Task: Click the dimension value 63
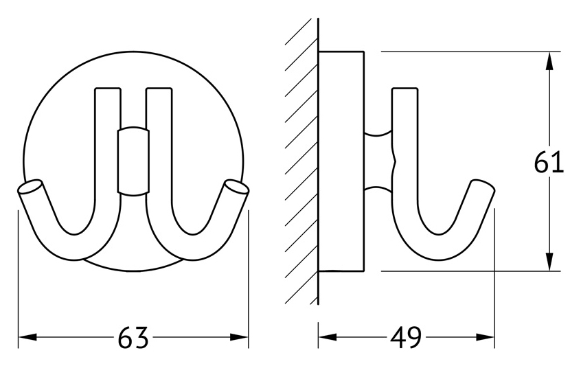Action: tap(133, 337)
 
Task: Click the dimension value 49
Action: tap(406, 337)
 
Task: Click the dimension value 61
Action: tap(549, 162)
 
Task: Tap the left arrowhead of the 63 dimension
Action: tap(27, 337)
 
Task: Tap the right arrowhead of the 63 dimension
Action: tap(239, 337)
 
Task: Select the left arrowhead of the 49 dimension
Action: tap(328, 337)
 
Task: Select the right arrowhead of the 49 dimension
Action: tap(485, 337)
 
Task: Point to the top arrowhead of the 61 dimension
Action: tap(550, 60)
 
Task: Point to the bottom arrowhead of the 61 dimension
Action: tap(550, 262)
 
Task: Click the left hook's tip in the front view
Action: tap(30, 187)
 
